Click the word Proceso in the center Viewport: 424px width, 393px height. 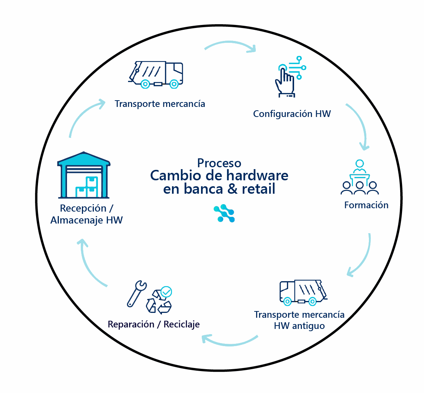point(219,163)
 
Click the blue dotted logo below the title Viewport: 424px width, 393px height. point(224,214)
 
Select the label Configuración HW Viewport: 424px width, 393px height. point(292,114)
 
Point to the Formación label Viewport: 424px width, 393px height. point(366,205)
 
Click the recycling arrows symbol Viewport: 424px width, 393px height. point(158,303)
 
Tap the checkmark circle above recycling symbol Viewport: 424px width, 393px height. point(166,291)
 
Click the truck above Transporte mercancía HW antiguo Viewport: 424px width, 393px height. point(303,292)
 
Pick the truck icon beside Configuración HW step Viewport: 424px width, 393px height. point(156,75)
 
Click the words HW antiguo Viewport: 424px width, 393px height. point(299,326)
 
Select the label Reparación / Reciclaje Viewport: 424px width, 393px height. point(154,324)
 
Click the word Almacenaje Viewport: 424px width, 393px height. point(77,220)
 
